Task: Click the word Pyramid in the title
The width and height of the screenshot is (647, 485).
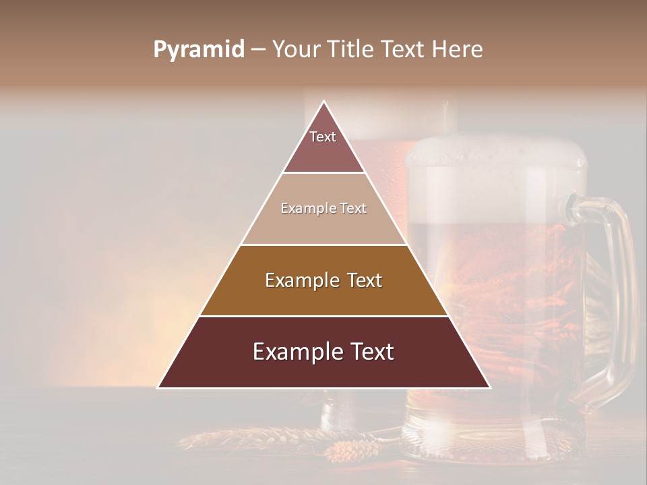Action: click(x=198, y=50)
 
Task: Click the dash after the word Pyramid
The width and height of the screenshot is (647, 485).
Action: click(x=257, y=50)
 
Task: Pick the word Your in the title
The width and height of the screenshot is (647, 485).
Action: click(x=296, y=50)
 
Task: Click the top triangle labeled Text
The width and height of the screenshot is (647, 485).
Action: click(x=323, y=145)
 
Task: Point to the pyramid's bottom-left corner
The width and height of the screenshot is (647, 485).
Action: click(x=158, y=387)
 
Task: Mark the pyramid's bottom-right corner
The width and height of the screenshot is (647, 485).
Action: click(x=489, y=387)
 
